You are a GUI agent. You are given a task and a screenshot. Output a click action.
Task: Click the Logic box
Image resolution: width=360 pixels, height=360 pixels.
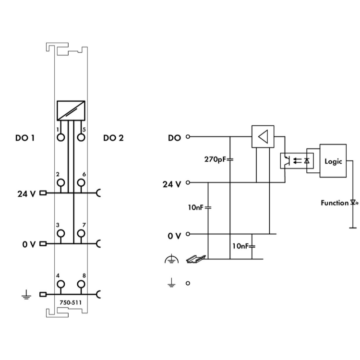tap(333, 161)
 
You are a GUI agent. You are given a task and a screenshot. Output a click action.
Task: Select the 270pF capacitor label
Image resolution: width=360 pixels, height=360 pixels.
tap(214, 159)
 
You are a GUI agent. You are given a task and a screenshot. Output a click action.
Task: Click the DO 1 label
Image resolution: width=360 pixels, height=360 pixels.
tap(24, 138)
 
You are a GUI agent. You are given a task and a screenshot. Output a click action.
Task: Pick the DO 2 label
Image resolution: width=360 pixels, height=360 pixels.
tap(113, 138)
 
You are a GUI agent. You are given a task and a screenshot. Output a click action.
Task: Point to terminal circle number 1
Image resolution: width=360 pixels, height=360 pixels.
tap(60, 138)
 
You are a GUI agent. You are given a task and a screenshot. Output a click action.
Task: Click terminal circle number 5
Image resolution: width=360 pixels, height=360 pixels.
tap(81, 138)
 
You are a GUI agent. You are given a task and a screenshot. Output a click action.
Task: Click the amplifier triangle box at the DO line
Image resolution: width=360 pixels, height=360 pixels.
tap(263, 137)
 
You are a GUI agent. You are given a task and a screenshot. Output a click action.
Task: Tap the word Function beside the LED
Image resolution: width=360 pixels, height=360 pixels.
tap(335, 203)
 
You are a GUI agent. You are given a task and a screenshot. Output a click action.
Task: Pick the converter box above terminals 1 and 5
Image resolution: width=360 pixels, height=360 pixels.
tap(71, 111)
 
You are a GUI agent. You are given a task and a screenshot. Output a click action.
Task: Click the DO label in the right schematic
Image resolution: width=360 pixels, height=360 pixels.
tap(174, 138)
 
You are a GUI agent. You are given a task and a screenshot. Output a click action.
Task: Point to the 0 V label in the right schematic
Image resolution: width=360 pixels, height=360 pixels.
tap(174, 236)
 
